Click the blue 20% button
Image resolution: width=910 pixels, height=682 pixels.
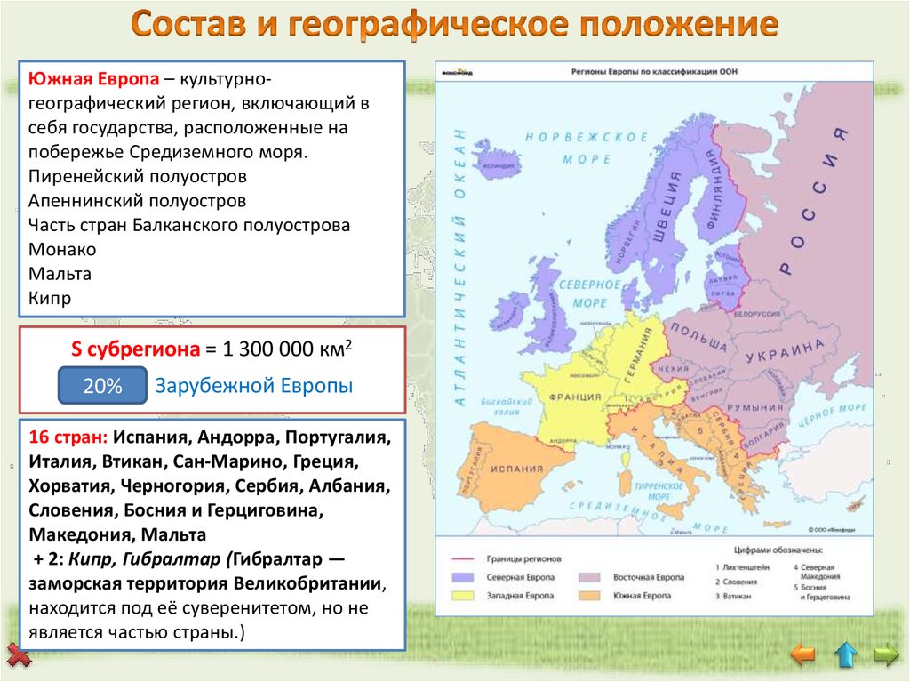tap(102, 387)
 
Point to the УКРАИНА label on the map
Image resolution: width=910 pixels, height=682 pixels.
tap(778, 354)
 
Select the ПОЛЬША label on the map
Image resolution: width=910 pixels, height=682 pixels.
tap(698, 335)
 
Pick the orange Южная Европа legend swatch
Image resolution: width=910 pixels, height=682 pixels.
tap(591, 594)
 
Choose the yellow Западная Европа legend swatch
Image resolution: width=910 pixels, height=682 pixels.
tap(465, 594)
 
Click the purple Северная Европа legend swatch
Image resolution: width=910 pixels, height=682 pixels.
tap(465, 577)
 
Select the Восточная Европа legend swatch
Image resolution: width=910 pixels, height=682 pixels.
tap(591, 577)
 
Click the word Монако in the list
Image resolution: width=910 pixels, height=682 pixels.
tap(62, 250)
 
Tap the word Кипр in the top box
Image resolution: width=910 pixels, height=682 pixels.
tap(50, 299)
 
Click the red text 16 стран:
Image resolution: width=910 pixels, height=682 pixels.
tap(68, 438)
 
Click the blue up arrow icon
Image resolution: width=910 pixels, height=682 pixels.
tap(845, 656)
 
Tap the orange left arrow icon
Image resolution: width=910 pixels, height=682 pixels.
tap(802, 656)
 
